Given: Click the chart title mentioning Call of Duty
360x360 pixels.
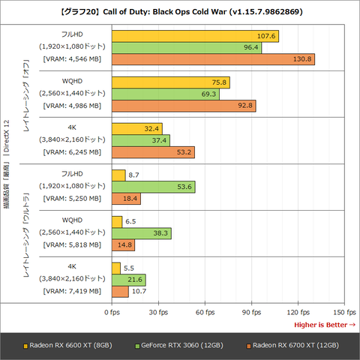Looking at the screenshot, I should coord(180,11).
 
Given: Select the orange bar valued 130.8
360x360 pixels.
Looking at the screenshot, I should coord(213,59).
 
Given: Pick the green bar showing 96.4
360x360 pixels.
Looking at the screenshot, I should coord(186,47).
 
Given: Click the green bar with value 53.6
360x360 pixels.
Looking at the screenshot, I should coord(153,186).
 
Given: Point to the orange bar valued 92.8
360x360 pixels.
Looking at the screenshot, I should coord(184,106).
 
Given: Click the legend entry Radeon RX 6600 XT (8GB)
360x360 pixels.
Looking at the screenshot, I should coord(70,345).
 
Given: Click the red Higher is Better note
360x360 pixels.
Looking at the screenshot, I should coord(325,324).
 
